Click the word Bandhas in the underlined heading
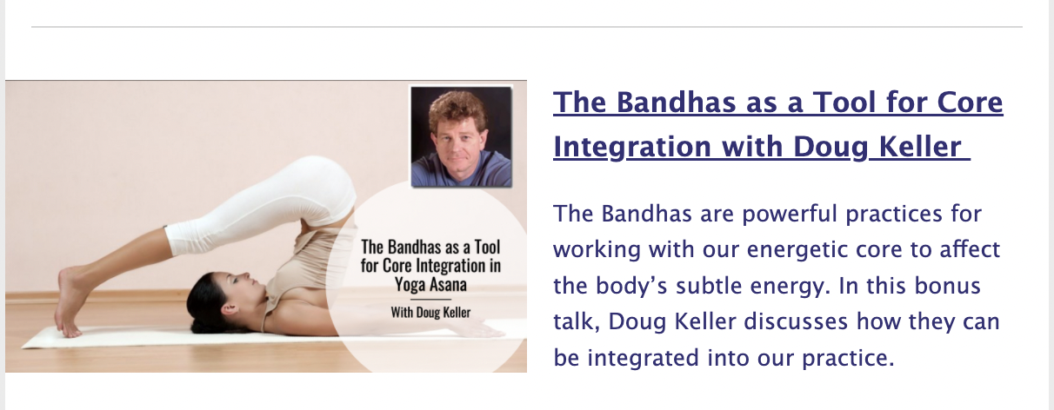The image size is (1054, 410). pos(676,102)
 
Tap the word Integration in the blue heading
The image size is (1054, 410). pos(632,147)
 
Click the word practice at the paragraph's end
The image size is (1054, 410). pos(844,358)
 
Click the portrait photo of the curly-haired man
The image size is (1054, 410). pos(461,136)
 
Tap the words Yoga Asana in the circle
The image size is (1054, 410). pos(430,284)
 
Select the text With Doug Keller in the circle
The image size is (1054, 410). pos(430,312)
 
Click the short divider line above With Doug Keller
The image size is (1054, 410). pos(430,299)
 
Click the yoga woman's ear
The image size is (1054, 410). pos(230,309)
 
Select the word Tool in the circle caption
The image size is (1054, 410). pos(486,247)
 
